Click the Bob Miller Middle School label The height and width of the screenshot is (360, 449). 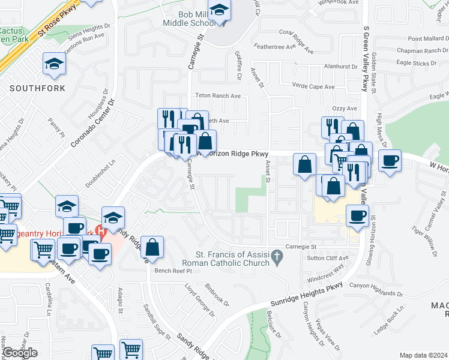click(188, 18)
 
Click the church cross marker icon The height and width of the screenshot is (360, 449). click(277, 259)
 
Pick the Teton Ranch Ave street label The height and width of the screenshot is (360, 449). click(218, 96)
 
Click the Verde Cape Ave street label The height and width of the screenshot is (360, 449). click(313, 87)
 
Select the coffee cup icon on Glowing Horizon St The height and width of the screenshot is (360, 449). click(357, 215)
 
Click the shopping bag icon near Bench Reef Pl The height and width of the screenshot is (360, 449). click(153, 247)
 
